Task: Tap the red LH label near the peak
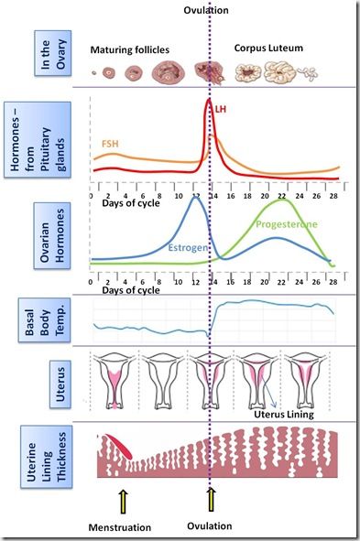(x=220, y=109)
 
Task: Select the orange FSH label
(x=108, y=145)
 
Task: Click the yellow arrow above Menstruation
(x=122, y=501)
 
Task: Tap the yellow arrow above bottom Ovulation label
(x=210, y=501)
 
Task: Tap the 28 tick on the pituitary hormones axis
(x=332, y=196)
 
